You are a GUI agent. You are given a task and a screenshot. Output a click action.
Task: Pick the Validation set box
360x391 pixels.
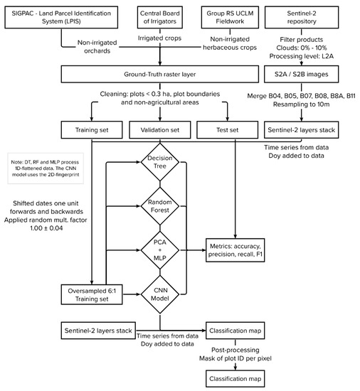point(160,130)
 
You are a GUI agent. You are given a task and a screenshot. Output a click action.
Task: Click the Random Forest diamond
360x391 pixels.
point(160,209)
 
